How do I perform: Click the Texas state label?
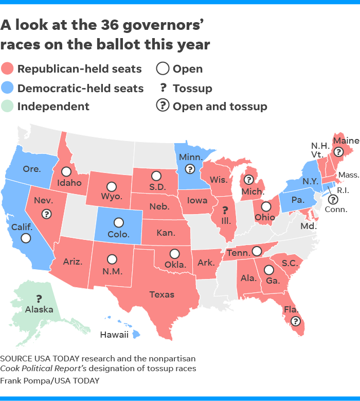161,294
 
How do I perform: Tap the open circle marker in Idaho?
66,171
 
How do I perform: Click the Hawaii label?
114,335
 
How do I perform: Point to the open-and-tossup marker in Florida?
295,321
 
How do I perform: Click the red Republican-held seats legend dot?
8,69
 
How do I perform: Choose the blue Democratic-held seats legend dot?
8,88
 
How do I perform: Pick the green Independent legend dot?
8,107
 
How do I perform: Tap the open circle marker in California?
25,238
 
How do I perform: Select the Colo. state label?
118,234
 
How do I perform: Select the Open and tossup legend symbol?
163,106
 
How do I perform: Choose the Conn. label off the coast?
339,210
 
